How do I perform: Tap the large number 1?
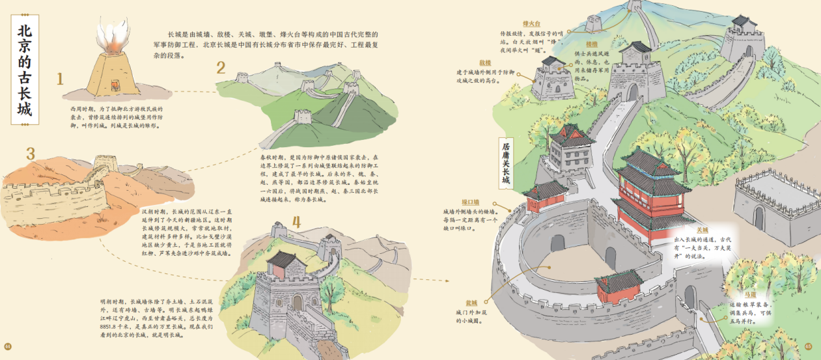tap(60, 79)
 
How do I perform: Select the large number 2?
tap(221, 68)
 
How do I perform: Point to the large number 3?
tap(30, 154)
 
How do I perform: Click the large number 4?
tap(297, 221)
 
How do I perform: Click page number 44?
tap(8, 346)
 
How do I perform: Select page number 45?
tap(809, 346)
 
